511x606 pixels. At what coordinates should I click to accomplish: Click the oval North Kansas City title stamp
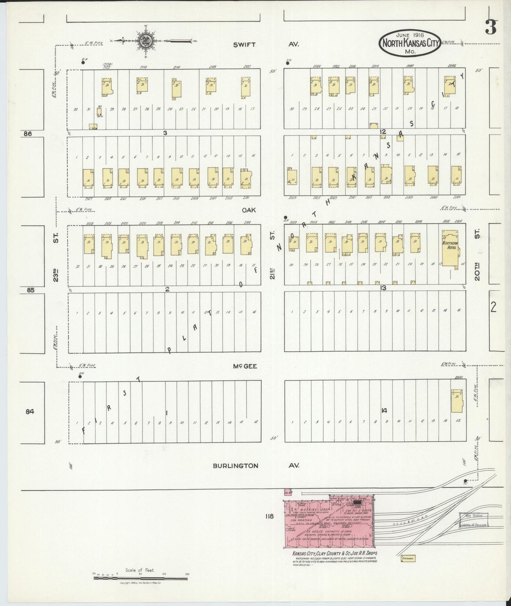tap(410, 43)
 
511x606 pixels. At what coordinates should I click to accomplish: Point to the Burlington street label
tap(235, 466)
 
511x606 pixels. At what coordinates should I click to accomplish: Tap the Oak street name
tap(249, 210)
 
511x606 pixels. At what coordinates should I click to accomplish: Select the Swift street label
tap(244, 45)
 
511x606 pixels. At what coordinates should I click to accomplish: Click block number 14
tap(384, 410)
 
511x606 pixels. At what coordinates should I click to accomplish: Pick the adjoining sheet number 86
tap(28, 134)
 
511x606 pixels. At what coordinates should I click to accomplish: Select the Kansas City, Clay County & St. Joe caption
tap(335, 553)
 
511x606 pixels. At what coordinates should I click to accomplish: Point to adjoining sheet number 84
tap(30, 411)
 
